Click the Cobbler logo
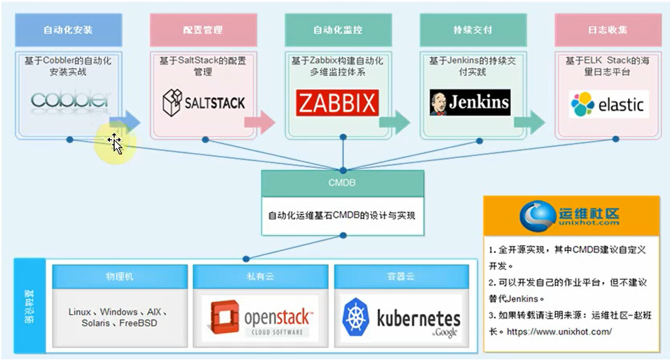click(69, 100)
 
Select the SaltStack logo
click(203, 103)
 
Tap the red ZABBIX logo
click(337, 103)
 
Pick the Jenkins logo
click(470, 103)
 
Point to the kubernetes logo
click(401, 317)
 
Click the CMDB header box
click(342, 183)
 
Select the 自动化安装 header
click(68, 30)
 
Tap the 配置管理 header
click(203, 30)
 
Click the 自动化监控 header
click(338, 30)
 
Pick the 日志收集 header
click(608, 30)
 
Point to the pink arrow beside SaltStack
click(260, 121)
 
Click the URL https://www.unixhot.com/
click(559, 331)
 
